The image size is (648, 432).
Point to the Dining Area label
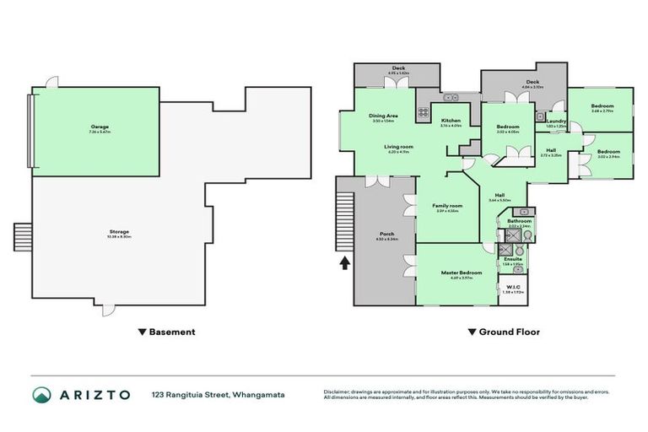coord(384,116)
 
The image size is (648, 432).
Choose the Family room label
coord(447,206)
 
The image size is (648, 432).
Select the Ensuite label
coord(513,258)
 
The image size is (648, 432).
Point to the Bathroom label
coord(519,221)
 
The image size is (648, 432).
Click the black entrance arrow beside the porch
coord(344,265)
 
